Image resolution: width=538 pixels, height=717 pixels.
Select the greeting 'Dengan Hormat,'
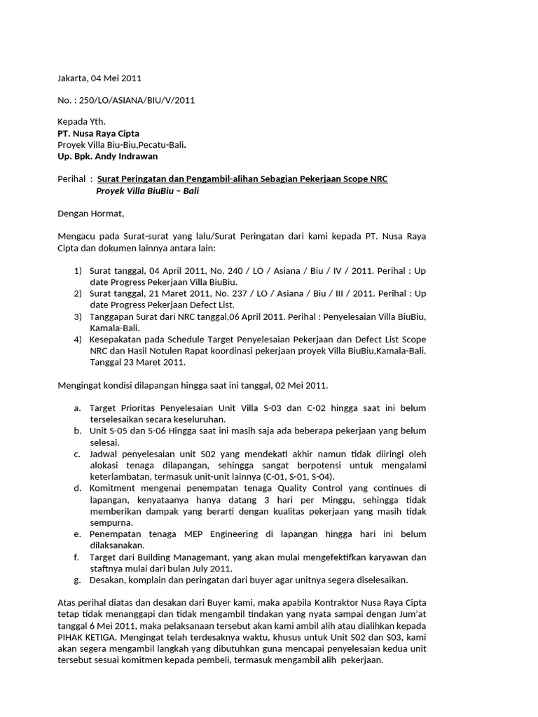point(90,213)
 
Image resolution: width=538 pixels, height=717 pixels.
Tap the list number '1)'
point(78,271)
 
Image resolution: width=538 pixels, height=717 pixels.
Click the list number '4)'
point(78,339)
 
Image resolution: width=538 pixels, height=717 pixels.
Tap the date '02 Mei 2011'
point(298,385)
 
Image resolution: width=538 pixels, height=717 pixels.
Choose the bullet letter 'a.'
point(76,408)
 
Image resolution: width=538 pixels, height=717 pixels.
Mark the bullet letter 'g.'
point(76,580)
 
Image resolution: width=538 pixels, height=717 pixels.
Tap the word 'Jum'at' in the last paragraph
point(411,614)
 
